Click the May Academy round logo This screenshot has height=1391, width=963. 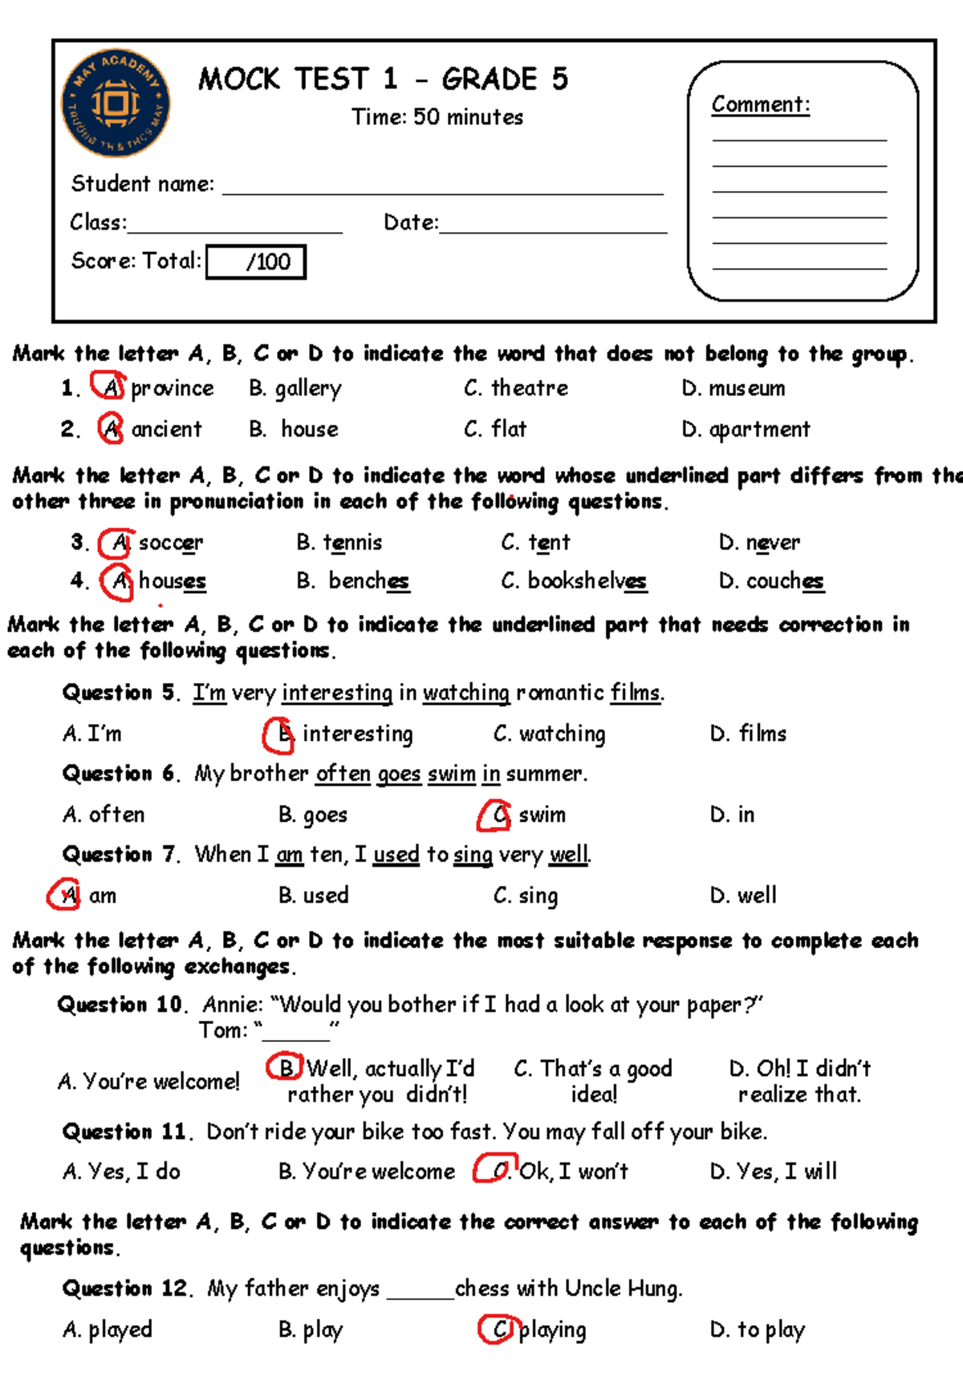[116, 104]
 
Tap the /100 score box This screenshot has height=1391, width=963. [256, 262]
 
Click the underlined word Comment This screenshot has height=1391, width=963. [760, 105]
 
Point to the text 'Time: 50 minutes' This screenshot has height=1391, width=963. [437, 117]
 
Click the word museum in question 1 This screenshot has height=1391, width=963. [746, 388]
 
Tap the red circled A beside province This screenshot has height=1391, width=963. [108, 387]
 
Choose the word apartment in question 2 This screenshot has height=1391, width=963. [759, 429]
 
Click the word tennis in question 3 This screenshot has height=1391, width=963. [352, 543]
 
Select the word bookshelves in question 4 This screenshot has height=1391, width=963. [587, 581]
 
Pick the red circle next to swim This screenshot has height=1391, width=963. [494, 815]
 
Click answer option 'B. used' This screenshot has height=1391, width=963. [314, 896]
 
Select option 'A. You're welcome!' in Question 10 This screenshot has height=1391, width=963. [148, 1082]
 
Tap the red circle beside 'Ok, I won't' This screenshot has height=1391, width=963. [494, 1170]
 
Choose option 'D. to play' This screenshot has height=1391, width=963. [757, 1330]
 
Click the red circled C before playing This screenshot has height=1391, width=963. [495, 1329]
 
